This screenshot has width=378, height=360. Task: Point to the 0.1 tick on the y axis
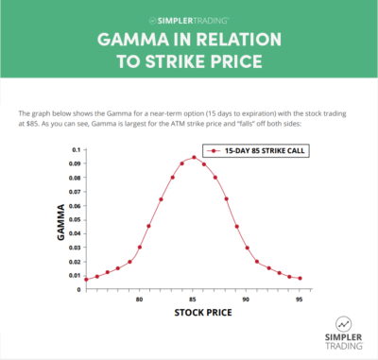tap(76, 150)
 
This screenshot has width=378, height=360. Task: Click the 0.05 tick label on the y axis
tap(74, 219)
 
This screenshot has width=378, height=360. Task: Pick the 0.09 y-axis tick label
tap(74, 163)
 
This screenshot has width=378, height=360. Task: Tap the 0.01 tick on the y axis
tap(74, 275)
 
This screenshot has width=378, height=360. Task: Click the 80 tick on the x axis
tap(140, 300)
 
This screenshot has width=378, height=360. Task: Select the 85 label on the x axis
tap(194, 300)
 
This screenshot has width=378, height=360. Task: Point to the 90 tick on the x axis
tap(247, 300)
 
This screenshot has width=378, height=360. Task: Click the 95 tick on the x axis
tap(300, 300)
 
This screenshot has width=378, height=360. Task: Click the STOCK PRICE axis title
tap(194, 314)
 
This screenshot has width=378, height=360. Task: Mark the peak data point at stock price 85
tap(194, 158)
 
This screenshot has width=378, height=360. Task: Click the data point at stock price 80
tap(140, 247)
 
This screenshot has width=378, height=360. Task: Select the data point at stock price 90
tap(247, 249)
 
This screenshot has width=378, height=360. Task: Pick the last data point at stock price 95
tap(300, 278)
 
